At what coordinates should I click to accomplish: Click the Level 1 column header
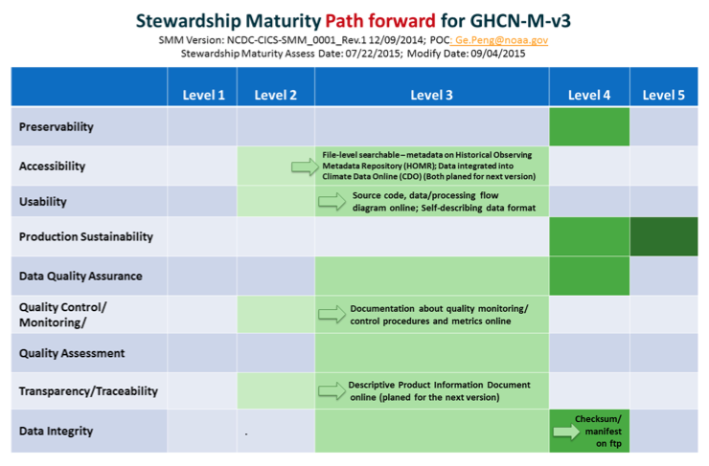(x=203, y=95)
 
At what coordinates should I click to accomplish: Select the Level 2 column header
(x=275, y=95)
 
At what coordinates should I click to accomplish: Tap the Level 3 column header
(x=431, y=95)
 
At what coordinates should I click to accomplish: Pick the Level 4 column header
(x=589, y=95)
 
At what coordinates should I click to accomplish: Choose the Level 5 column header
(x=663, y=95)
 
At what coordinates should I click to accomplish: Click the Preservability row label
(x=57, y=127)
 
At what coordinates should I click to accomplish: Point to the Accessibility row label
(x=52, y=166)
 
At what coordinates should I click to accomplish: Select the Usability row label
(x=42, y=201)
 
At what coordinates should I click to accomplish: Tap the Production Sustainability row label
(x=86, y=236)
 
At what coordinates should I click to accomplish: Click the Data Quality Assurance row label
(x=80, y=276)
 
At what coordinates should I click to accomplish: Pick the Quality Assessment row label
(x=72, y=353)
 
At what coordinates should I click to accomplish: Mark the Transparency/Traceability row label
(x=88, y=391)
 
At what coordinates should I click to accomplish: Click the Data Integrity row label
(x=57, y=431)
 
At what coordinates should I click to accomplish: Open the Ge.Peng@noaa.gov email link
(x=501, y=40)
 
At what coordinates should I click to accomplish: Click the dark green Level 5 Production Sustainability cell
(x=664, y=236)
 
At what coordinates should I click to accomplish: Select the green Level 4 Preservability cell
(x=589, y=126)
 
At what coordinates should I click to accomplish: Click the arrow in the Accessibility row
(x=305, y=166)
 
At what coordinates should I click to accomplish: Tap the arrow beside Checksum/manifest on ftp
(x=566, y=432)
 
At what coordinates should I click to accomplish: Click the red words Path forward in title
(x=380, y=21)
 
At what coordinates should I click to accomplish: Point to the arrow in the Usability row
(x=332, y=201)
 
